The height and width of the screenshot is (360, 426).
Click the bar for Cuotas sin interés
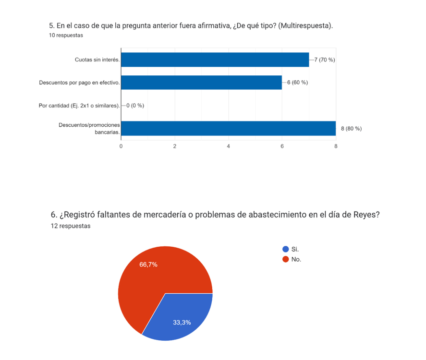tap(215, 60)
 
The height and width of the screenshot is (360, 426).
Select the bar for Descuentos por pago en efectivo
tap(201, 83)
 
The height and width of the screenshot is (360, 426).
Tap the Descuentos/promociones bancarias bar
tap(228, 128)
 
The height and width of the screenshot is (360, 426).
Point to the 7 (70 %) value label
tap(324, 60)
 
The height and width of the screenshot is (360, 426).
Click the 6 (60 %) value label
tap(297, 83)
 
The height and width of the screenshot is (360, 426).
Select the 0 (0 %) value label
tap(135, 106)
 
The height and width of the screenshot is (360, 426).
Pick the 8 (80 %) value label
tap(351, 129)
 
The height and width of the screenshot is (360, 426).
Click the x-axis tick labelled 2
tap(175, 146)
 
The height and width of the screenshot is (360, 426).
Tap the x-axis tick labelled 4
tap(229, 146)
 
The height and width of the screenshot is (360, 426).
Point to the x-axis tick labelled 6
tap(282, 146)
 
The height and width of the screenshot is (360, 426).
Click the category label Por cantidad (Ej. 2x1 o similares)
tap(79, 106)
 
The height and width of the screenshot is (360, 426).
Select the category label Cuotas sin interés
tap(97, 60)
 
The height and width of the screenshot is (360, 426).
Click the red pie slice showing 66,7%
tap(154, 274)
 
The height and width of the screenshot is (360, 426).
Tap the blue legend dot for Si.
tap(285, 249)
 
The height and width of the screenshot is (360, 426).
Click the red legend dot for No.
tap(285, 259)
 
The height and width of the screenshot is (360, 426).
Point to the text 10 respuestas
tap(66, 35)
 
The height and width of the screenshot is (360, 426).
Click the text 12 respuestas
tap(70, 226)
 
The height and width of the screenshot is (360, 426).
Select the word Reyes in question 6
tap(367, 215)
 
